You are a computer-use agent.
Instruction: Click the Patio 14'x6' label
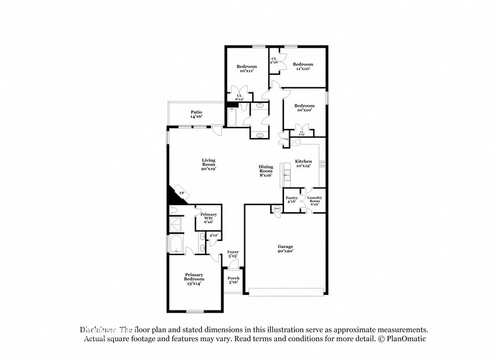(x=196, y=114)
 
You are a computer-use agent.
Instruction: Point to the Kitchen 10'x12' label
(x=304, y=163)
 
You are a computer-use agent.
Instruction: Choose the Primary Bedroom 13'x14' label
(x=193, y=279)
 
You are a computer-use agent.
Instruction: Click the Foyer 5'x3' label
(x=233, y=253)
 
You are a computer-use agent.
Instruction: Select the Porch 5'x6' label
(x=233, y=280)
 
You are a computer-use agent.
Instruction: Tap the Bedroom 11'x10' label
(x=303, y=66)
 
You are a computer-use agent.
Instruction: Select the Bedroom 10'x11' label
(x=246, y=69)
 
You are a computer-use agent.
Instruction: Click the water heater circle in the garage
(x=277, y=209)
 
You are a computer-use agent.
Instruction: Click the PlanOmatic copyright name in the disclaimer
(x=405, y=339)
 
